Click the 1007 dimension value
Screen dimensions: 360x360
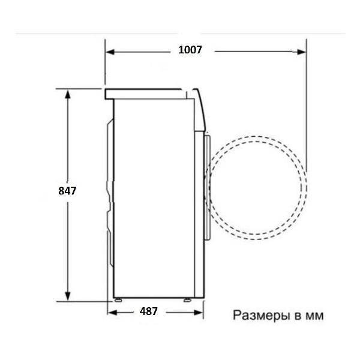[190, 50]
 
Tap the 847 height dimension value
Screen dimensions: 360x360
[68, 191]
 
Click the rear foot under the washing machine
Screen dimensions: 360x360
[119, 299]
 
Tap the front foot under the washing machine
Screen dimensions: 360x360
[188, 299]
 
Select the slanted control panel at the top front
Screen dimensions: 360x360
[200, 108]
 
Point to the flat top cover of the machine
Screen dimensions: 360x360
[144, 93]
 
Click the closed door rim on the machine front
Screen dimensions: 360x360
[208, 186]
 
